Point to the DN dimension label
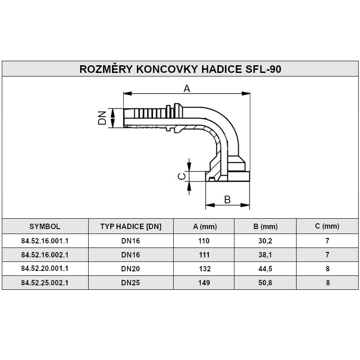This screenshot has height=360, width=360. click(103, 118)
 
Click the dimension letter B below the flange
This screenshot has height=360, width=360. click(228, 199)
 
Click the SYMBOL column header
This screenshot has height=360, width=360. click(45, 226)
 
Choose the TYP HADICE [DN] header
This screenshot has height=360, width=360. click(130, 226)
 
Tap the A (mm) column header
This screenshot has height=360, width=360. click(204, 226)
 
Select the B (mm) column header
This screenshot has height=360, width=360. click(265, 226)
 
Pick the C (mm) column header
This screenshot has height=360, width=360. click(327, 226)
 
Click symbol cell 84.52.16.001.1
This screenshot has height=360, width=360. click(45, 241)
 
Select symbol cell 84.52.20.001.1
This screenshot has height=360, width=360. click(45, 269)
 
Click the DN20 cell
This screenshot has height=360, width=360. click(130, 269)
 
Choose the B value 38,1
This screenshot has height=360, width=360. click(265, 255)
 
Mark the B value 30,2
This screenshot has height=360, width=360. click(265, 241)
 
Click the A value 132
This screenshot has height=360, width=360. click(204, 269)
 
